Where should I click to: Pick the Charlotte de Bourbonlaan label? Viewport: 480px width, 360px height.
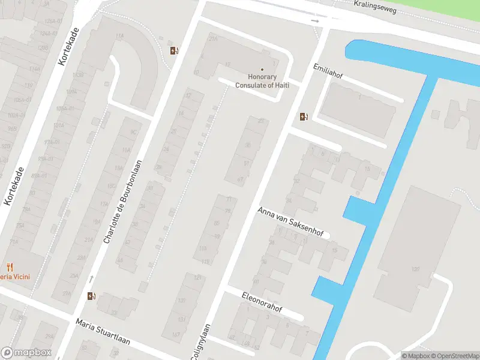(124, 202)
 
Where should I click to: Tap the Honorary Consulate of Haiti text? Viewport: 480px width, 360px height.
(262, 81)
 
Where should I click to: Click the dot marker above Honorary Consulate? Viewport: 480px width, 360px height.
(262, 70)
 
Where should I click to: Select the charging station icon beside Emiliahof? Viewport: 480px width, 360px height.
(304, 116)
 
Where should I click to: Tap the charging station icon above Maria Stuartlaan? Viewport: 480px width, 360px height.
(91, 295)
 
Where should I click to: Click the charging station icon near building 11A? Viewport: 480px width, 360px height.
(174, 50)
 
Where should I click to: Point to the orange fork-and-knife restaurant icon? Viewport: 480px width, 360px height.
(10, 267)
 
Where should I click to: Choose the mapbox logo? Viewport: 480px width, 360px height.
(26, 353)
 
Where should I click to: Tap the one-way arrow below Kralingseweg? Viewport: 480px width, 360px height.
(316, 21)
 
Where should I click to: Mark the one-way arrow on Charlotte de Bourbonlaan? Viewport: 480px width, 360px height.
(91, 278)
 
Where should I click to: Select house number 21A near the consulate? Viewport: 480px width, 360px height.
(212, 38)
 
